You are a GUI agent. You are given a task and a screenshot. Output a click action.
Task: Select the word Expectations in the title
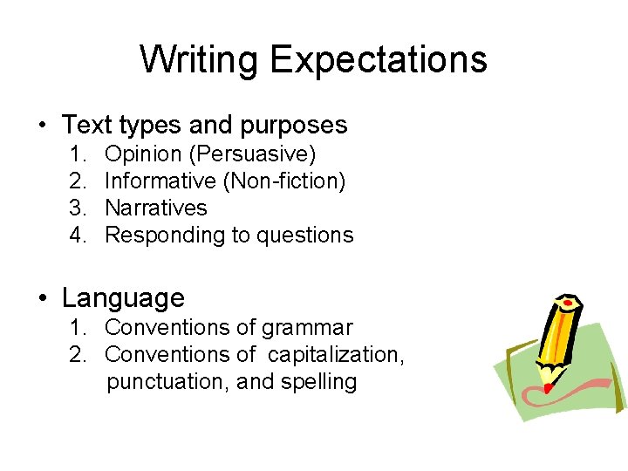(378, 60)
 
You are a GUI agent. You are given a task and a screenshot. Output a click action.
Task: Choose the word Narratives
(155, 208)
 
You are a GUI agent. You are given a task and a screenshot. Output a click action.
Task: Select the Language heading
(123, 298)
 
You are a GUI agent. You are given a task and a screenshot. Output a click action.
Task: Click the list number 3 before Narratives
(76, 208)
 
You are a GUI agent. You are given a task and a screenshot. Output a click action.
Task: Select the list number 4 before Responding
(76, 235)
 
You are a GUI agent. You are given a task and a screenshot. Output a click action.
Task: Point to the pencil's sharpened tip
(544, 385)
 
